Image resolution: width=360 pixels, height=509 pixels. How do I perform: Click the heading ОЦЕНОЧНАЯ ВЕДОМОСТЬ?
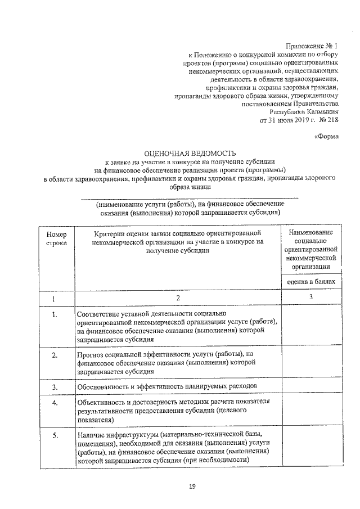191,152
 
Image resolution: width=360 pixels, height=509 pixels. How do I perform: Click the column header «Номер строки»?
56,238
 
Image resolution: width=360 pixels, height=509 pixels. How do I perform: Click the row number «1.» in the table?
56,314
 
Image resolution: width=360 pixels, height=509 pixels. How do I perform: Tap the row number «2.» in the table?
56,355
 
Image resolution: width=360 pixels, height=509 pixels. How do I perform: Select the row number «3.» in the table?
56,387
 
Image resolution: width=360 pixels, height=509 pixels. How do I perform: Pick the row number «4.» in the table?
56,403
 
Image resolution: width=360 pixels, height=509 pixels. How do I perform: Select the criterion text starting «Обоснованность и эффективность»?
168,387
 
